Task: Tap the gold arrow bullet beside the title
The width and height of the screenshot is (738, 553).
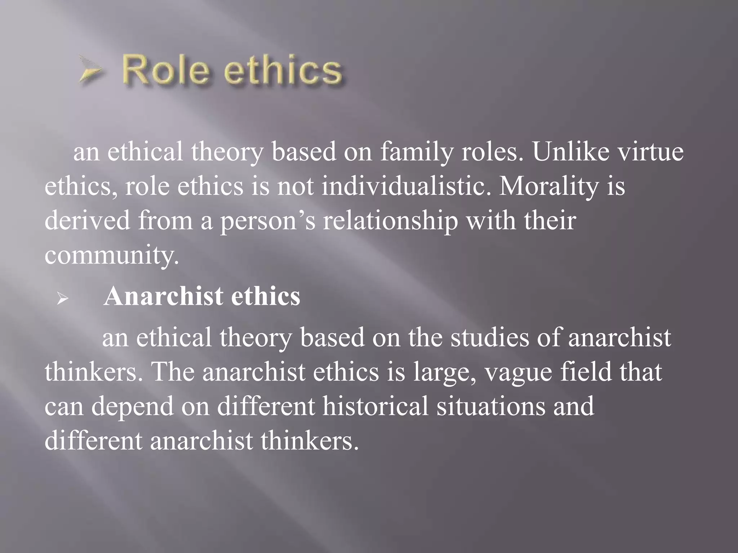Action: [90, 70]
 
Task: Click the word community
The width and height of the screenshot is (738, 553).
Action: [112, 255]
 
